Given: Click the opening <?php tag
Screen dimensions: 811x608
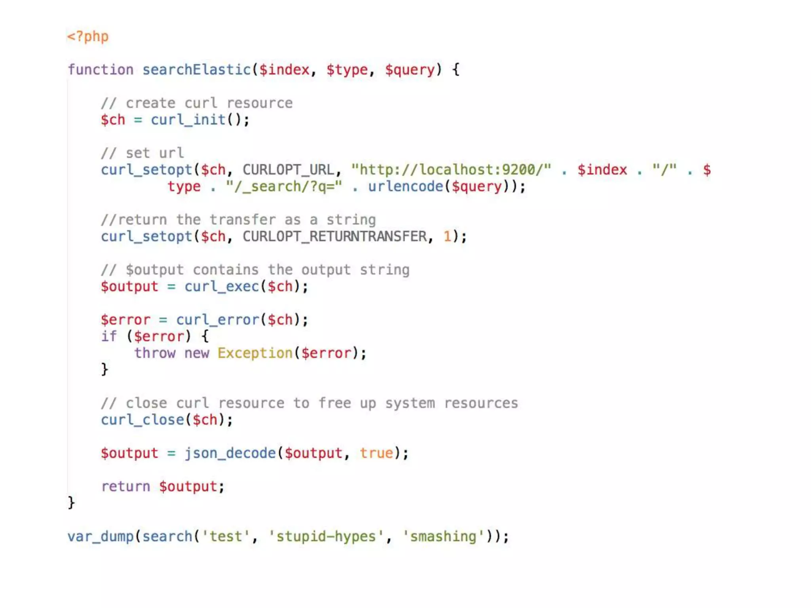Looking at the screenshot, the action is pyautogui.click(x=88, y=36).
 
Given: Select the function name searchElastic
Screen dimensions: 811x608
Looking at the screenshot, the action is pyautogui.click(x=196, y=70).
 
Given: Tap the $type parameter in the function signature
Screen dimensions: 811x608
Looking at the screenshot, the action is pyautogui.click(x=347, y=70).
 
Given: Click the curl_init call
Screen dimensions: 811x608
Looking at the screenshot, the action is pyautogui.click(x=188, y=120).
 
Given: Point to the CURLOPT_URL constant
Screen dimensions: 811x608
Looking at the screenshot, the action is pyautogui.click(x=289, y=170).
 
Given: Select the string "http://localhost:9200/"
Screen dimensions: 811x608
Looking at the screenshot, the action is pyautogui.click(x=451, y=170).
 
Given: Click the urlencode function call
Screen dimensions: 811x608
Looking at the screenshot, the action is pyautogui.click(x=405, y=186).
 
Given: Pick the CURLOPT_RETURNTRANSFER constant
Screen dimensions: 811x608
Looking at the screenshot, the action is pyautogui.click(x=335, y=236).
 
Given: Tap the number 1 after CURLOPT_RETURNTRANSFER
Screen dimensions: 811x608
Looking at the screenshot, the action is pyautogui.click(x=447, y=236).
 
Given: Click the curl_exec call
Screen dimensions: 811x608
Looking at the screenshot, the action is pyautogui.click(x=221, y=286).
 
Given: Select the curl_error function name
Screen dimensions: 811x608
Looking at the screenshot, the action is pyautogui.click(x=217, y=319).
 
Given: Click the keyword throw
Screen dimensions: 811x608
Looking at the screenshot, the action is pyautogui.click(x=154, y=353).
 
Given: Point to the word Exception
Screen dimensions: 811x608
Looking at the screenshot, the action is pyautogui.click(x=255, y=353).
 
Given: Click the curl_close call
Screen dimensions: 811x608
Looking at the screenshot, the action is pyautogui.click(x=143, y=420).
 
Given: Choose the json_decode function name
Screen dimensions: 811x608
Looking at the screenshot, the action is pyautogui.click(x=230, y=453).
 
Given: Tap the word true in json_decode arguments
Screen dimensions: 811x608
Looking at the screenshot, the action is pyautogui.click(x=376, y=453).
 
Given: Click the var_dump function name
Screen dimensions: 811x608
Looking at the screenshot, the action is pyautogui.click(x=101, y=536).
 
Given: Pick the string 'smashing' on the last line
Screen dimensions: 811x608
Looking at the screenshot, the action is pyautogui.click(x=443, y=536).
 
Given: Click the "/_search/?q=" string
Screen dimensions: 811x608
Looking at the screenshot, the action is pyautogui.click(x=284, y=186).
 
